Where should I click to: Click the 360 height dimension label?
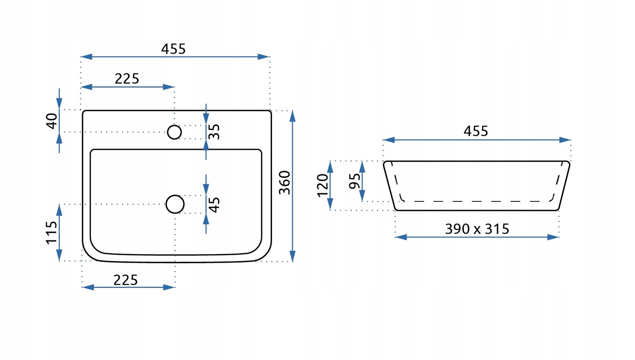coord(284,182)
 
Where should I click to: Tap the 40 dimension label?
coord(52,121)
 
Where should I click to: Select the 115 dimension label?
coord(52,233)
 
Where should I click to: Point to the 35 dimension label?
coord(214,132)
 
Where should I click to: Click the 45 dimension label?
coord(214,204)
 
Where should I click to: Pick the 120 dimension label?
coord(322,186)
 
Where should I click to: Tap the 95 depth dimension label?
coord(355,181)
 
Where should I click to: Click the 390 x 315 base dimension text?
coord(477,229)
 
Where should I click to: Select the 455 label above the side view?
coord(476,131)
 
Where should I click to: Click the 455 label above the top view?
coord(173,49)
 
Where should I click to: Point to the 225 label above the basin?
coord(127,79)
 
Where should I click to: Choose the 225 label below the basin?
coord(125,280)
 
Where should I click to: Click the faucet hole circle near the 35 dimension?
coord(174,132)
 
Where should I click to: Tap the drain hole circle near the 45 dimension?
coord(175,204)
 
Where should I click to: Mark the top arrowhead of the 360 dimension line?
coord(292,116)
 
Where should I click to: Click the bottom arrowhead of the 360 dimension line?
coord(292,256)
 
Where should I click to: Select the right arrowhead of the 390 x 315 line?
coord(553,237)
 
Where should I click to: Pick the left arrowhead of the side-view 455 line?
coord(389,140)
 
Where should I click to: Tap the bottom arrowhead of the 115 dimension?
coord(59,255)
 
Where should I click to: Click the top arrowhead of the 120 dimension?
coord(330,167)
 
